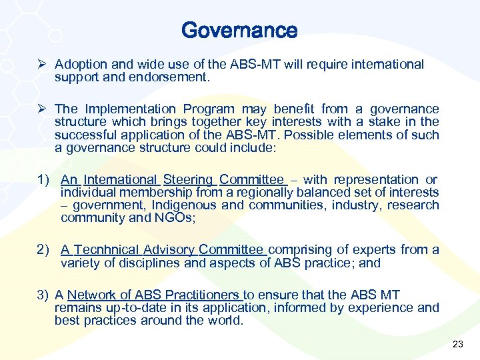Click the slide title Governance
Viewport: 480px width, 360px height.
point(239,30)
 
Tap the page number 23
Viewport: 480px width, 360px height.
point(457,344)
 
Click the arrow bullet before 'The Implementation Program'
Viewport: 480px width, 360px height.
point(43,109)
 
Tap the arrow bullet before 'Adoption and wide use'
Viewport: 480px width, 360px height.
point(43,65)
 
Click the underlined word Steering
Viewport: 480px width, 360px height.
point(188,179)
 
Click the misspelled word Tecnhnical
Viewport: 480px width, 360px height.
point(103,249)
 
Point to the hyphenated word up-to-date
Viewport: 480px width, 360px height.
point(125,307)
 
